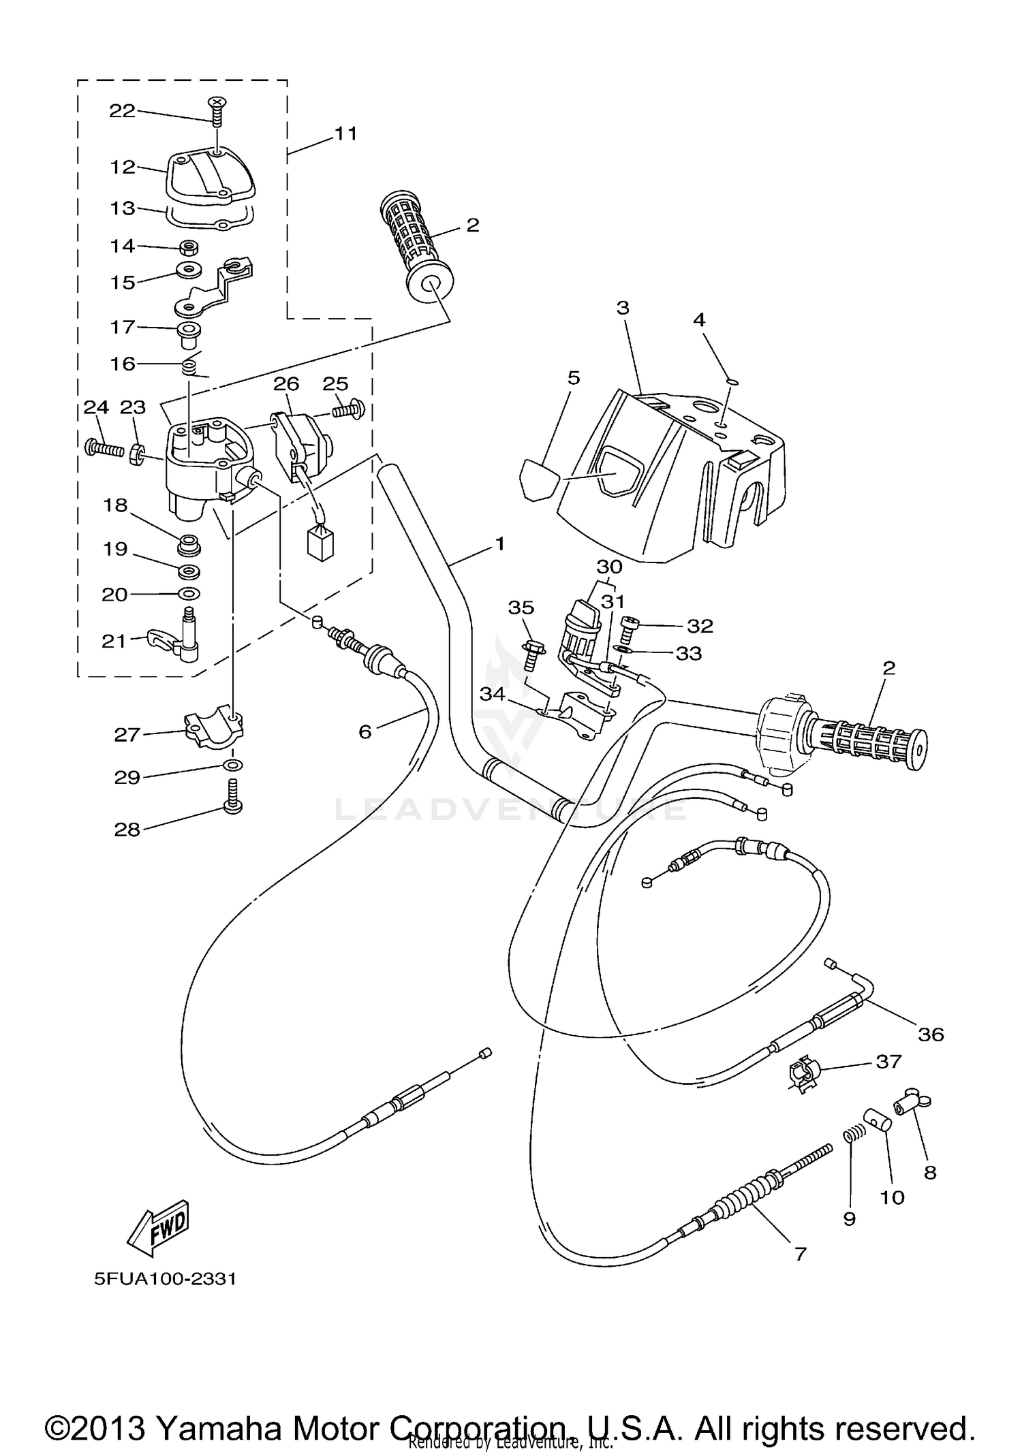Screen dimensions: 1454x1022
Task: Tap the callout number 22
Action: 123,111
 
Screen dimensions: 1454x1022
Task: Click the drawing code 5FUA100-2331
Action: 166,1279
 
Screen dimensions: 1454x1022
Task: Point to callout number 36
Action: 931,1034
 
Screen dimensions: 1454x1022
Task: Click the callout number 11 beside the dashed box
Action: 345,133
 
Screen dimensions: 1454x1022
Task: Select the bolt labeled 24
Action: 104,449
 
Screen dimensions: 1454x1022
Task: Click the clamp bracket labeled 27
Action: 214,725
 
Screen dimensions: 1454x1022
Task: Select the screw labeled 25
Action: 350,410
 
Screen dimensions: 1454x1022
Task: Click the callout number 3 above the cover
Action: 623,308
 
